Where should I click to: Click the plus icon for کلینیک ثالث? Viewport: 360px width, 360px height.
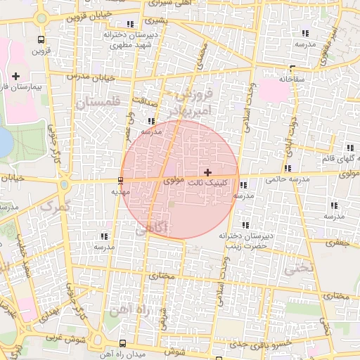207,172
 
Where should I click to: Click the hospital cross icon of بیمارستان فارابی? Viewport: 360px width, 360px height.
16,75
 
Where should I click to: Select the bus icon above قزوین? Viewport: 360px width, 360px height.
41,40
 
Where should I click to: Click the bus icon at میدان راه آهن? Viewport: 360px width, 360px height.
124,343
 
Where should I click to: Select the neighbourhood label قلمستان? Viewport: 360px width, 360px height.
98,103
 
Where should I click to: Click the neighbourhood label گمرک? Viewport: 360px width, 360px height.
56,205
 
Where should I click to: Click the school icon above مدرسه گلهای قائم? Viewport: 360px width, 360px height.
347,147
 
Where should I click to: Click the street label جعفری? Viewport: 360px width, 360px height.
334,242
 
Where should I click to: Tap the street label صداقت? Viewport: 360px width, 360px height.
143,100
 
